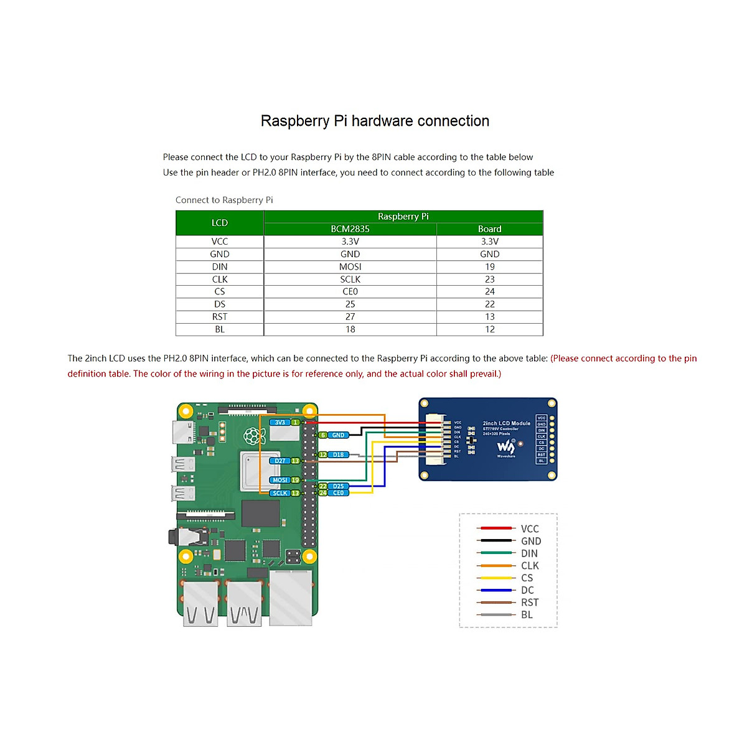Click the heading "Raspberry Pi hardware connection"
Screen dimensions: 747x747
coord(375,121)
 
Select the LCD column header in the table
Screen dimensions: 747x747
coord(220,223)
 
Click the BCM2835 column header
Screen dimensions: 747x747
coord(350,229)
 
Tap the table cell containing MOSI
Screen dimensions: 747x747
coord(350,266)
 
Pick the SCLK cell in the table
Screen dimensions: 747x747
coord(350,280)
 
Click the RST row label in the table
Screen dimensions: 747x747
coord(220,317)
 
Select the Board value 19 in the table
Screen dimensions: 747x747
coord(490,266)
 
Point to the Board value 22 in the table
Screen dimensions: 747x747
coord(490,304)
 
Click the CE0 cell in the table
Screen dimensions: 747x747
coord(350,291)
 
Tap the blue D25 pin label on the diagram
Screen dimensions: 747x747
coord(338,486)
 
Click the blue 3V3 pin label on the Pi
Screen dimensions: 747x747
coord(280,423)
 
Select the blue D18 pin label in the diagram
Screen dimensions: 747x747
coord(338,455)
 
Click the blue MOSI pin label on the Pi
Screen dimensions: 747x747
coord(280,480)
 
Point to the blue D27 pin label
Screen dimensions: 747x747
coord(280,461)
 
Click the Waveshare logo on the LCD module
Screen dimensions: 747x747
coord(505,447)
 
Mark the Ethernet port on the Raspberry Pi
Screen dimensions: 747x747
coord(291,598)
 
